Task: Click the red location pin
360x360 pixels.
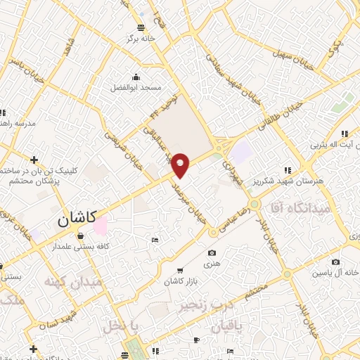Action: click(x=181, y=165)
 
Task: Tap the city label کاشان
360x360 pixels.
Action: click(x=80, y=220)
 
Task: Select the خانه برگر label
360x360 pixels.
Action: click(x=141, y=39)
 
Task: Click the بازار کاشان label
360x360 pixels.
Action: click(x=179, y=281)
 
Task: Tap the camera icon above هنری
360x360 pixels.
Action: click(x=212, y=253)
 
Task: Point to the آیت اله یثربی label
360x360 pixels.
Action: click(x=337, y=146)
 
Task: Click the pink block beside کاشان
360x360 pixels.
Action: click(x=101, y=226)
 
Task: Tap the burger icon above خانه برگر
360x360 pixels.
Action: click(x=141, y=27)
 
